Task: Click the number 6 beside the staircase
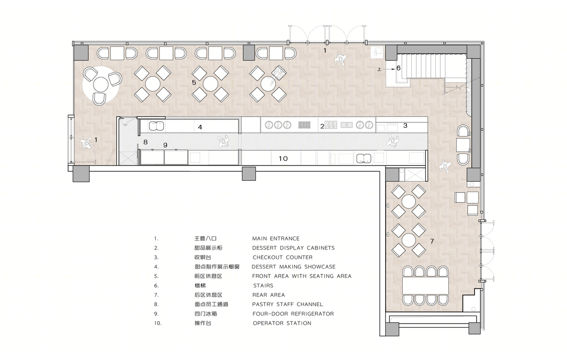pyautogui.click(x=398, y=68)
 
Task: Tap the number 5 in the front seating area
pyautogui.click(x=194, y=82)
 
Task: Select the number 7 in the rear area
pyautogui.click(x=432, y=241)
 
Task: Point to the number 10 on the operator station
pyautogui.click(x=283, y=159)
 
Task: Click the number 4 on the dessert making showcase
pyautogui.click(x=200, y=127)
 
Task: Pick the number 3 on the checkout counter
pyautogui.click(x=405, y=125)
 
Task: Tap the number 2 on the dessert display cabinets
pyautogui.click(x=322, y=126)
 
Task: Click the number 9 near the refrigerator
pyautogui.click(x=165, y=145)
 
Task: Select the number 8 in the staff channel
pyautogui.click(x=145, y=142)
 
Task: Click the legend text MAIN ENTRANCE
pyautogui.click(x=276, y=239)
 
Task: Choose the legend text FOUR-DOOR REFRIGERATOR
pyautogui.click(x=293, y=314)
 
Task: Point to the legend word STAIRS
pyautogui.click(x=263, y=286)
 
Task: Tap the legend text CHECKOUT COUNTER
pyautogui.click(x=282, y=257)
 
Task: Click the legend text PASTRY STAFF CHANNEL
pyautogui.click(x=288, y=304)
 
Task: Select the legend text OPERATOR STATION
pyautogui.click(x=282, y=323)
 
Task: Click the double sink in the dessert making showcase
pyautogui.click(x=156, y=126)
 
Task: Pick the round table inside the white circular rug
pyautogui.click(x=101, y=85)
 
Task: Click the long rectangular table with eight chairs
pyautogui.click(x=425, y=286)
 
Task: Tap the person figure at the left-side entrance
pyautogui.click(x=86, y=143)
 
